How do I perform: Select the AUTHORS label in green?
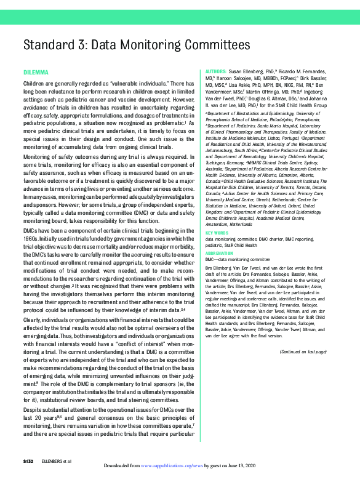[215, 72]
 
